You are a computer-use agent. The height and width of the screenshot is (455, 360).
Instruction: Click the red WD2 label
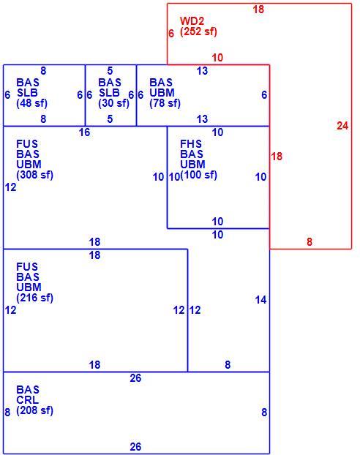192,21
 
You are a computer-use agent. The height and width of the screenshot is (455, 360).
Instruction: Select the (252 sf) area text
198,31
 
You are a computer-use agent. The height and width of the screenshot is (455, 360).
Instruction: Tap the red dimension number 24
342,126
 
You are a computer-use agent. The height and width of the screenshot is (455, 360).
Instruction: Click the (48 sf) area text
32,103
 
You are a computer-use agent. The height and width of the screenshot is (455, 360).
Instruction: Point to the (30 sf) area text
114,103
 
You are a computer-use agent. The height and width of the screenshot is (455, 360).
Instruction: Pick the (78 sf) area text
165,103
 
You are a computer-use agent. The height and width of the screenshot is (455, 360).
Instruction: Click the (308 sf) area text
35,175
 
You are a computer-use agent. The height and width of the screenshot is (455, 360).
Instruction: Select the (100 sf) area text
198,175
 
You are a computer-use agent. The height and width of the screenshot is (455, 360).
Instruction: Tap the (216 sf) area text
35,298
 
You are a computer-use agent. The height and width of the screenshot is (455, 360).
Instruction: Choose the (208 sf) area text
35,410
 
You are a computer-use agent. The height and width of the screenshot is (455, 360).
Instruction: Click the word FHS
191,143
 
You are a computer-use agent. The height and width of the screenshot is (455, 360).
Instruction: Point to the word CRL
27,400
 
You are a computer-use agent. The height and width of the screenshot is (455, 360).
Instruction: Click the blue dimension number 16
84,132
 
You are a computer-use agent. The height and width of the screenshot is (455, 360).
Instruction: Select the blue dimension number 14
260,300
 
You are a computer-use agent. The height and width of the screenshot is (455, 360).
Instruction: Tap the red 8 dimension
310,241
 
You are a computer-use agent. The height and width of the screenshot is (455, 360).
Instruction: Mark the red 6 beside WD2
171,34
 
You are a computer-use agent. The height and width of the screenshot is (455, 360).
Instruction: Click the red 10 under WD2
217,58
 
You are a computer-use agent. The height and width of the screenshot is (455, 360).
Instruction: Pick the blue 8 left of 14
228,365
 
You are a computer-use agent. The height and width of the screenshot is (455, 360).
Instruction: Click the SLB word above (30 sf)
109,93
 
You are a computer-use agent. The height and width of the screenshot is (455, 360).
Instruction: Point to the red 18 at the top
258,10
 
